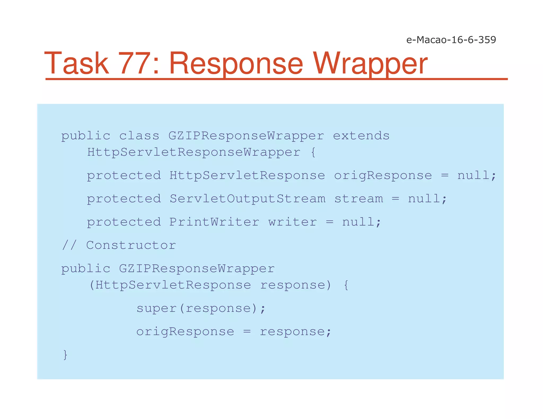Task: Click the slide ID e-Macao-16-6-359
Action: click(451, 40)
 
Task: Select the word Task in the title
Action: click(76, 64)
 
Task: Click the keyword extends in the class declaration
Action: click(361, 136)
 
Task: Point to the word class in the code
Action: click(139, 136)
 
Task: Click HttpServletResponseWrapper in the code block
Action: click(194, 152)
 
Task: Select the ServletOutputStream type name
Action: click(247, 199)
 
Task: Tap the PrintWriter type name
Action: click(214, 222)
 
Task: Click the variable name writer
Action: click(292, 222)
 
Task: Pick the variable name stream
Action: click(358, 199)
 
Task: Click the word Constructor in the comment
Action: click(131, 246)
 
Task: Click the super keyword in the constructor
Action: click(156, 309)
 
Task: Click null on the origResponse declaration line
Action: click(474, 176)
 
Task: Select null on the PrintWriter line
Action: click(358, 222)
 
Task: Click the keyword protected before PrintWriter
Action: click(124, 222)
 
